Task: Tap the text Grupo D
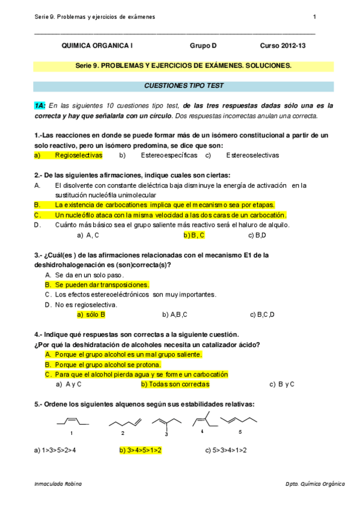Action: pos(203,46)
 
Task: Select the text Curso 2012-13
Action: pos(282,46)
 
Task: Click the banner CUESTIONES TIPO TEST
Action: pos(180,87)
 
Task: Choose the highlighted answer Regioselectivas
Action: pos(78,155)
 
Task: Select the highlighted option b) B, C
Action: pos(194,235)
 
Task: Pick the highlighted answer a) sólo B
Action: pos(91,314)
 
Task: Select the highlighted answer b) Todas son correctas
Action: pos(175,384)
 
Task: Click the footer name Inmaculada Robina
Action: pos(58,484)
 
